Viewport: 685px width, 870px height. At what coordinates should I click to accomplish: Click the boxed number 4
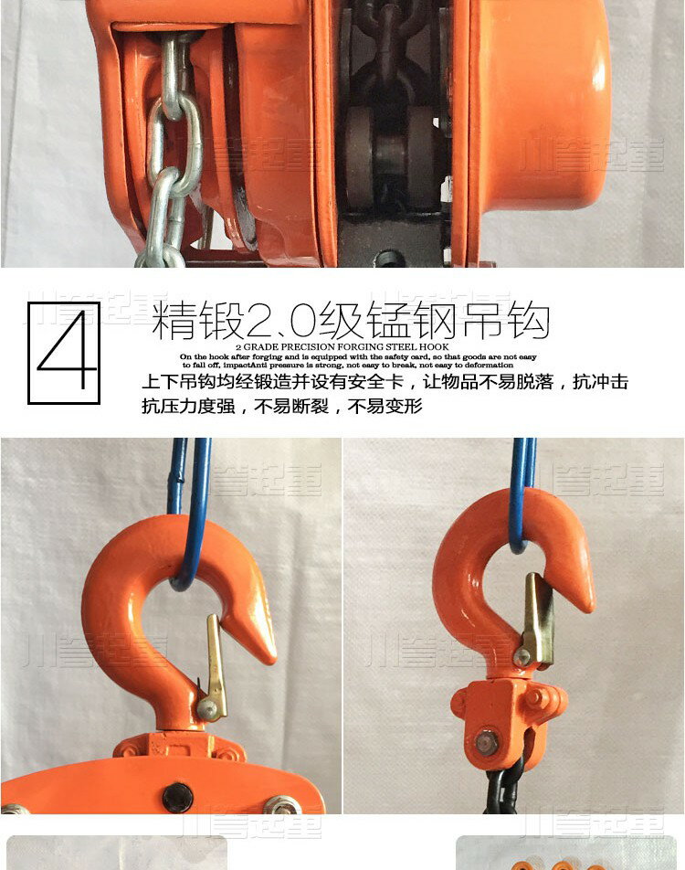click(64, 353)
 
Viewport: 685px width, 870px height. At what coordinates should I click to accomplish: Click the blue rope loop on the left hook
click(187, 521)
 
